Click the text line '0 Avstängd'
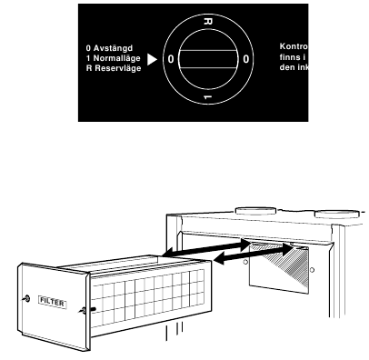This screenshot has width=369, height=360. pos(106,48)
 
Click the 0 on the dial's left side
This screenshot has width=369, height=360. pos(169,58)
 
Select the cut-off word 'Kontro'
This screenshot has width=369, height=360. pos(292,46)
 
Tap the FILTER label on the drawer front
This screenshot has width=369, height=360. pos(51,298)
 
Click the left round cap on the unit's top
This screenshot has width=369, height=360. pos(252,209)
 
